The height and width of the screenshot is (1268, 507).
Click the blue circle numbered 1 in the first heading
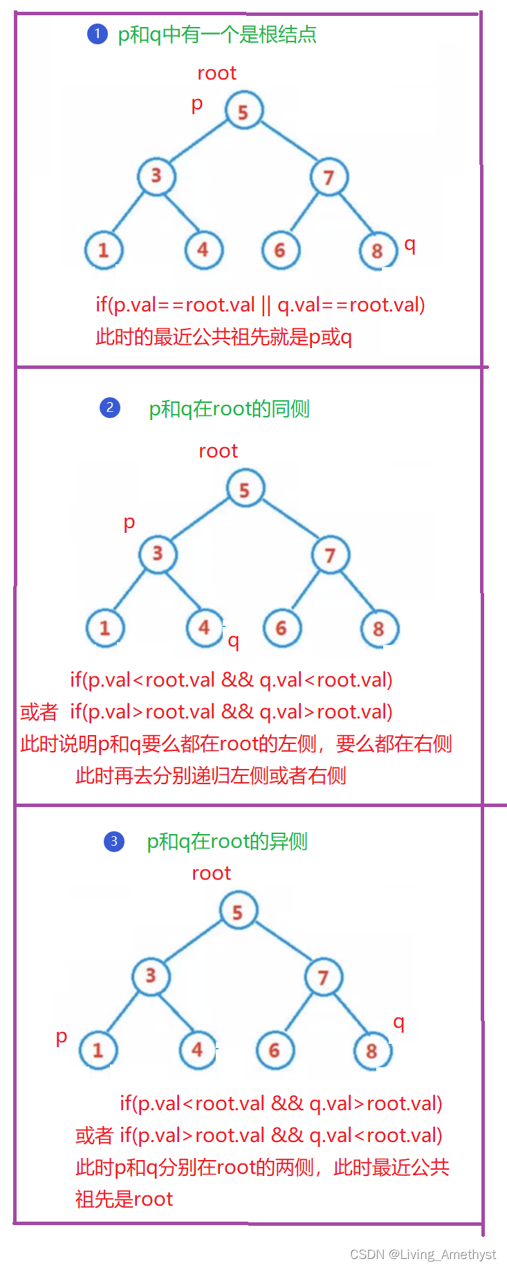pos(98,33)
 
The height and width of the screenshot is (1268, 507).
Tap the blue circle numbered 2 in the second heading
pos(110,408)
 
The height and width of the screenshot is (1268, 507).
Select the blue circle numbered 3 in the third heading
pos(114,841)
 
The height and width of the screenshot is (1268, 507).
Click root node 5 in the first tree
pos(243,111)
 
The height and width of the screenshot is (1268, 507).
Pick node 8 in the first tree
pos(378,251)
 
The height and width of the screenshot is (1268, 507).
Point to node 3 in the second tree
pos(158,554)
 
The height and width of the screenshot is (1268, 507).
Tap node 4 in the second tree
pos(205,628)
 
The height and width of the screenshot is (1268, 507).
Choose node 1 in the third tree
pos(98,1050)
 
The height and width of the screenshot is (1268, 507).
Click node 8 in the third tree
pos(372,1051)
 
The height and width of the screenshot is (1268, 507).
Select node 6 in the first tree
pos(280,250)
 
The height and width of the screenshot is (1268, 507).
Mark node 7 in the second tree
pos(330,554)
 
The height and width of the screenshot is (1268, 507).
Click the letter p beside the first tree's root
pos(197,104)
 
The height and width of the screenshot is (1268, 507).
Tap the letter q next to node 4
pos(234,641)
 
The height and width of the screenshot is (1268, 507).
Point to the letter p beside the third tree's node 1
pos(62,1037)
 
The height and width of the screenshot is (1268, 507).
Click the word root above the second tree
pos(219,451)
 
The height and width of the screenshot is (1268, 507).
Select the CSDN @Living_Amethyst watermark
pos(423,1254)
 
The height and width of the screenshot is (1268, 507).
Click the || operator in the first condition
pos(266,305)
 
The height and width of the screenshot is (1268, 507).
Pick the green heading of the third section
pos(227,842)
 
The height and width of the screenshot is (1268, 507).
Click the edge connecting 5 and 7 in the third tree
pos(281,944)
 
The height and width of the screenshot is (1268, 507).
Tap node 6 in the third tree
pos(275,1050)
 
